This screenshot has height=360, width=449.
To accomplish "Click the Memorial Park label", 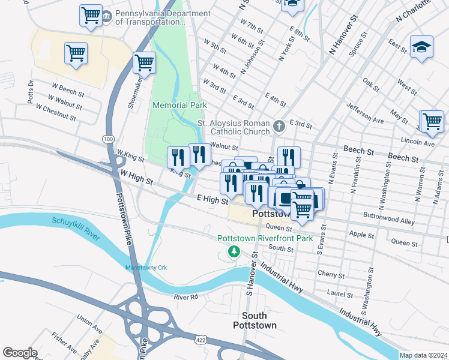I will [179, 105].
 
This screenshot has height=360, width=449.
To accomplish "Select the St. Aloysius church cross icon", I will [279, 126].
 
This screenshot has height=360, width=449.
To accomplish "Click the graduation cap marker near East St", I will [421, 47].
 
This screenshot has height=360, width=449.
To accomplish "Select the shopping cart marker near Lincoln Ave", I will [432, 121].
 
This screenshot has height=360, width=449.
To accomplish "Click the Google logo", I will [20, 353].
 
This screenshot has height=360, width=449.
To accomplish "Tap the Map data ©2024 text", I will [423, 355].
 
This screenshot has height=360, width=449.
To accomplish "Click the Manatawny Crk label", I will [145, 267].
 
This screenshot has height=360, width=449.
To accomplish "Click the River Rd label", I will [185, 297].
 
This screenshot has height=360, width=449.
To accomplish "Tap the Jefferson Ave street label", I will [364, 113].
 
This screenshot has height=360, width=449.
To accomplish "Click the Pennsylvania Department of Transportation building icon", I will [106, 16].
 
